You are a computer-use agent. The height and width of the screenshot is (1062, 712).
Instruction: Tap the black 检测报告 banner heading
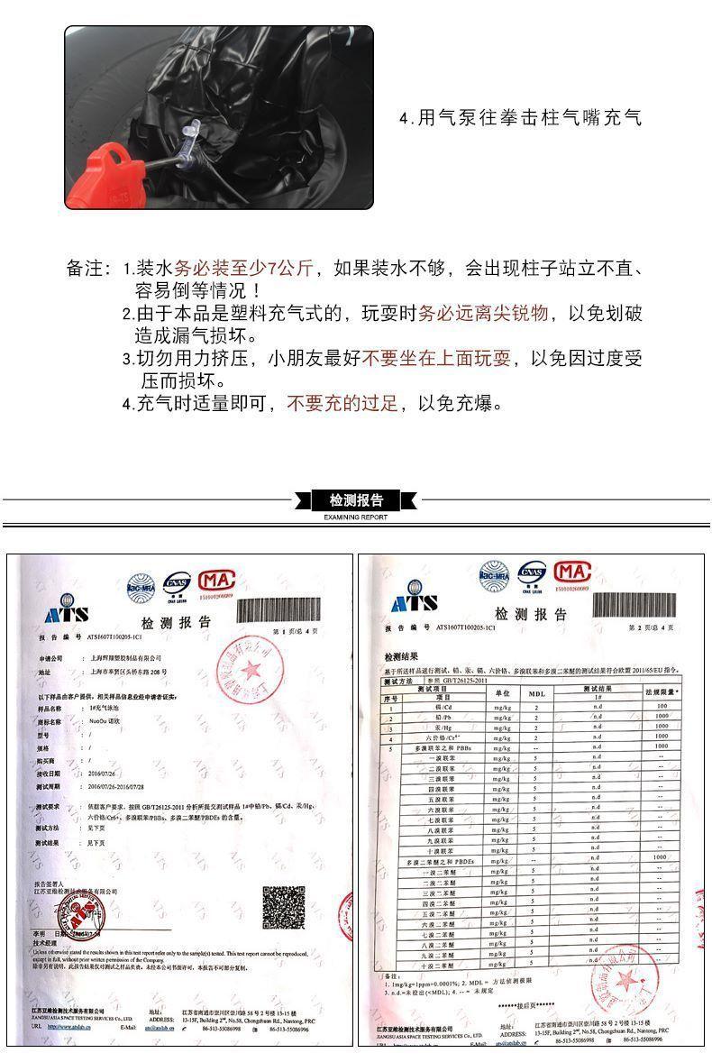click(355, 500)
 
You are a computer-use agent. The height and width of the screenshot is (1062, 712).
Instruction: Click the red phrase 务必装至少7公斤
click(243, 268)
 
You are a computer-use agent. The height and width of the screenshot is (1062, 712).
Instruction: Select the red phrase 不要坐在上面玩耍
click(437, 359)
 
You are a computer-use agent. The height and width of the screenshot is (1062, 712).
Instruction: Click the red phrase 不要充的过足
click(342, 403)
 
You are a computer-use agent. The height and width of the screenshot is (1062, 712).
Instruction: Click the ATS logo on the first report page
click(67, 613)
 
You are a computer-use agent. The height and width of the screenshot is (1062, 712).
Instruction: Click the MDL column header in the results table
click(536, 694)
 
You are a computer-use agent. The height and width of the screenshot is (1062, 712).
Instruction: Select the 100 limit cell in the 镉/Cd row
click(662, 707)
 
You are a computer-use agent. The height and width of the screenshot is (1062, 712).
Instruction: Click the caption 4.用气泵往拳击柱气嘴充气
click(520, 118)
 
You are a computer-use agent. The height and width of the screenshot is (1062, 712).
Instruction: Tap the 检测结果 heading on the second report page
click(400, 657)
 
